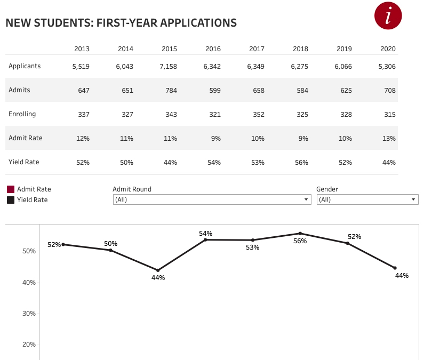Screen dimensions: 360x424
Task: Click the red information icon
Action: coord(388,15)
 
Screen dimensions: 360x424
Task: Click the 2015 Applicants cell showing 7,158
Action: coord(169,66)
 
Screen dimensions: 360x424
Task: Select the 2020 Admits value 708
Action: coord(389,90)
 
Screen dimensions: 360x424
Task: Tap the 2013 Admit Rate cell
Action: coord(82,138)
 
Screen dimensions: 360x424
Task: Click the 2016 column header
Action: coord(213,49)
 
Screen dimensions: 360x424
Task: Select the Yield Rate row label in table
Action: coord(24,162)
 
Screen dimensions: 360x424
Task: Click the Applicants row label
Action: coord(25,66)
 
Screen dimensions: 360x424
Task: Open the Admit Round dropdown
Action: coord(212,199)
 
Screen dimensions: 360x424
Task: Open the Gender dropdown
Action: coord(367,199)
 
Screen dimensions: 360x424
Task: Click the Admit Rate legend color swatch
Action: coord(11,189)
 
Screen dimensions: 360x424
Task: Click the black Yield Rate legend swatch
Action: coord(11,200)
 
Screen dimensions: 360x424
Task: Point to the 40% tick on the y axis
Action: coord(29,282)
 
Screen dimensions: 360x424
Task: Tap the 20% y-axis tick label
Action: coord(29,344)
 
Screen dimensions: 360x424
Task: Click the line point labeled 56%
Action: coord(300,233)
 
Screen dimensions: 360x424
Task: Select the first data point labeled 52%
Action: coord(63,244)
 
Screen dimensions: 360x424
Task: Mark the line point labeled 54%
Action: coord(205,239)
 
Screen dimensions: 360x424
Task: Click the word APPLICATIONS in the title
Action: coord(198,23)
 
